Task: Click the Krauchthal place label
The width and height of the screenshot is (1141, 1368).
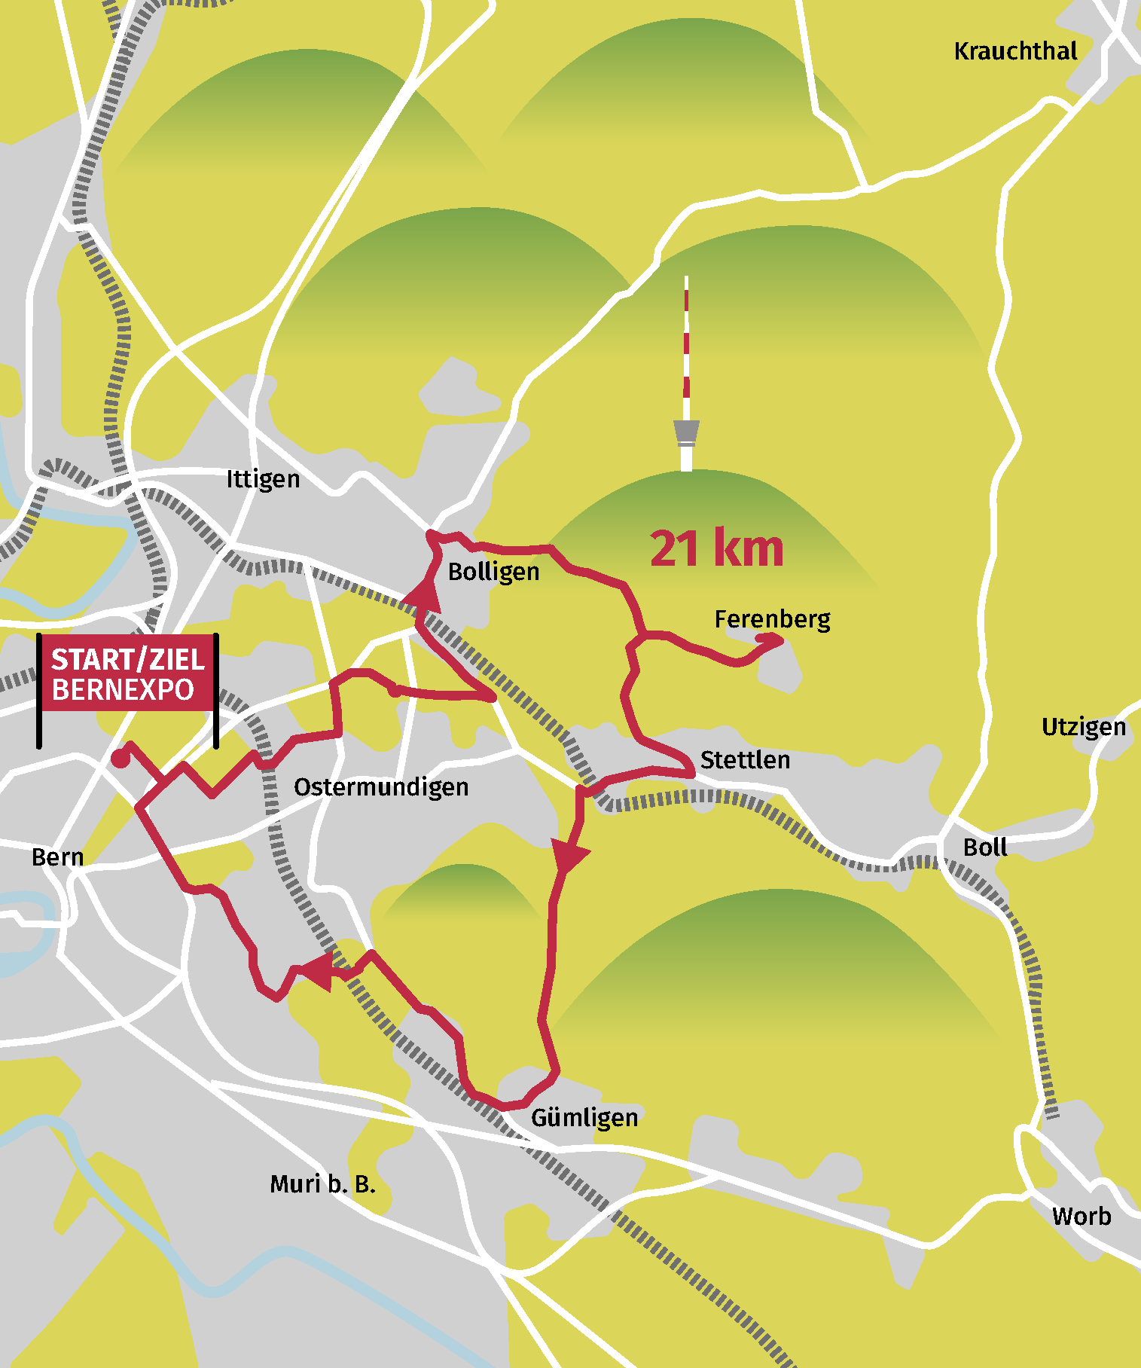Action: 1015,51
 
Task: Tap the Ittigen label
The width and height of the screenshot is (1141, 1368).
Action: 263,479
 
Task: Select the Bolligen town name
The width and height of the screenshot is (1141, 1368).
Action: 493,572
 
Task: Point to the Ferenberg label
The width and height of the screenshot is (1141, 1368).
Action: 772,619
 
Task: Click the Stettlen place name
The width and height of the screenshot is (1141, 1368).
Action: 745,759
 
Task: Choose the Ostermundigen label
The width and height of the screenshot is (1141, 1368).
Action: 381,787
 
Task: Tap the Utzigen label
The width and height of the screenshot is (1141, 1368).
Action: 1083,727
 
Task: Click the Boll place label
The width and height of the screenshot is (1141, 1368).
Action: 985,847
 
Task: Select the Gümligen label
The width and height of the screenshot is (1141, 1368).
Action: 584,1118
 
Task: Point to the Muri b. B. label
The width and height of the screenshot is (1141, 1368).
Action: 322,1184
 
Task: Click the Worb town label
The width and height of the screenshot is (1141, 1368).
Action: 1082,1216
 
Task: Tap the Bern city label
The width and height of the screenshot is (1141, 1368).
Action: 57,857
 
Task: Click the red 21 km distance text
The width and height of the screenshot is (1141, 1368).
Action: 716,548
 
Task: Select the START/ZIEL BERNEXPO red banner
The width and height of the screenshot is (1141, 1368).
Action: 127,674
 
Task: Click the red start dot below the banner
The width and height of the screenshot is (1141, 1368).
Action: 120,759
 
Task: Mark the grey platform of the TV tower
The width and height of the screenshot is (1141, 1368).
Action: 686,433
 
